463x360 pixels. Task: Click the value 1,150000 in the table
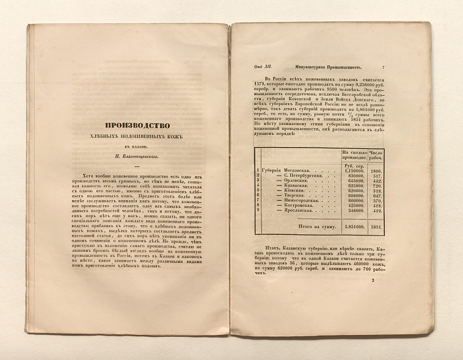tap(354, 170)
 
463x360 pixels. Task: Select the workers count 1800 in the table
tap(376, 170)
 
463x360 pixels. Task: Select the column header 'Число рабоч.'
tap(376, 154)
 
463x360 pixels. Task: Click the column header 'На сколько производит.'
tap(355, 154)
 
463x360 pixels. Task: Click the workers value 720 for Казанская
tap(377, 185)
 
